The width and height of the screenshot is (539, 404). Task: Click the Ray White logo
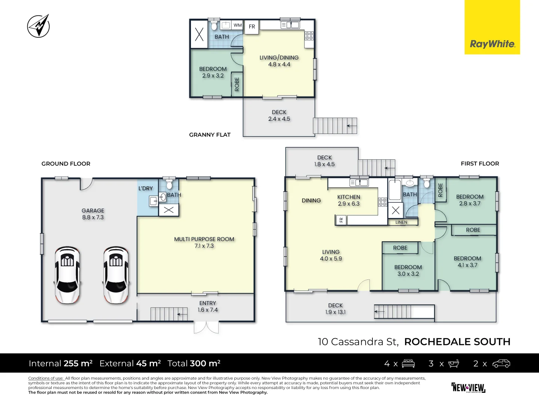click(492, 44)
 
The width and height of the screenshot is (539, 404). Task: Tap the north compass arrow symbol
click(39, 26)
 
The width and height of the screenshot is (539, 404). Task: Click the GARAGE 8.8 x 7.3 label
click(93, 214)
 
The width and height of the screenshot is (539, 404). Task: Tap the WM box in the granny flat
click(238, 25)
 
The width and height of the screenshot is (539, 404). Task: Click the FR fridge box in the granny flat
click(252, 27)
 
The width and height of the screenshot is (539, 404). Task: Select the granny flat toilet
click(214, 25)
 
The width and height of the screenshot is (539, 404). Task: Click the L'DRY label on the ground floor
click(146, 188)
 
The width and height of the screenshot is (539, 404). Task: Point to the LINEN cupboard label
click(401, 222)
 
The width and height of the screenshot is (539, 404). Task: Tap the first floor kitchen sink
click(359, 183)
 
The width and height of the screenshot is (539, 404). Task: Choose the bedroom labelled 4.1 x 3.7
click(467, 261)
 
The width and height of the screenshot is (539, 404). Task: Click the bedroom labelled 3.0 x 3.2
click(408, 270)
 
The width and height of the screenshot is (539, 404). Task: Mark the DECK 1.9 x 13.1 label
click(335, 309)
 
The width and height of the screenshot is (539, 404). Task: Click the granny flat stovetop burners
click(309, 36)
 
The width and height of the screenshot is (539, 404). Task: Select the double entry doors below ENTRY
click(206, 327)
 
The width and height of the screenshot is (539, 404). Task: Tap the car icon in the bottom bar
click(501, 364)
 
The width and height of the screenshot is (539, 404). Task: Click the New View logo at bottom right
click(468, 388)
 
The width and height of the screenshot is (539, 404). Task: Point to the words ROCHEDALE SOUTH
click(457, 342)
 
